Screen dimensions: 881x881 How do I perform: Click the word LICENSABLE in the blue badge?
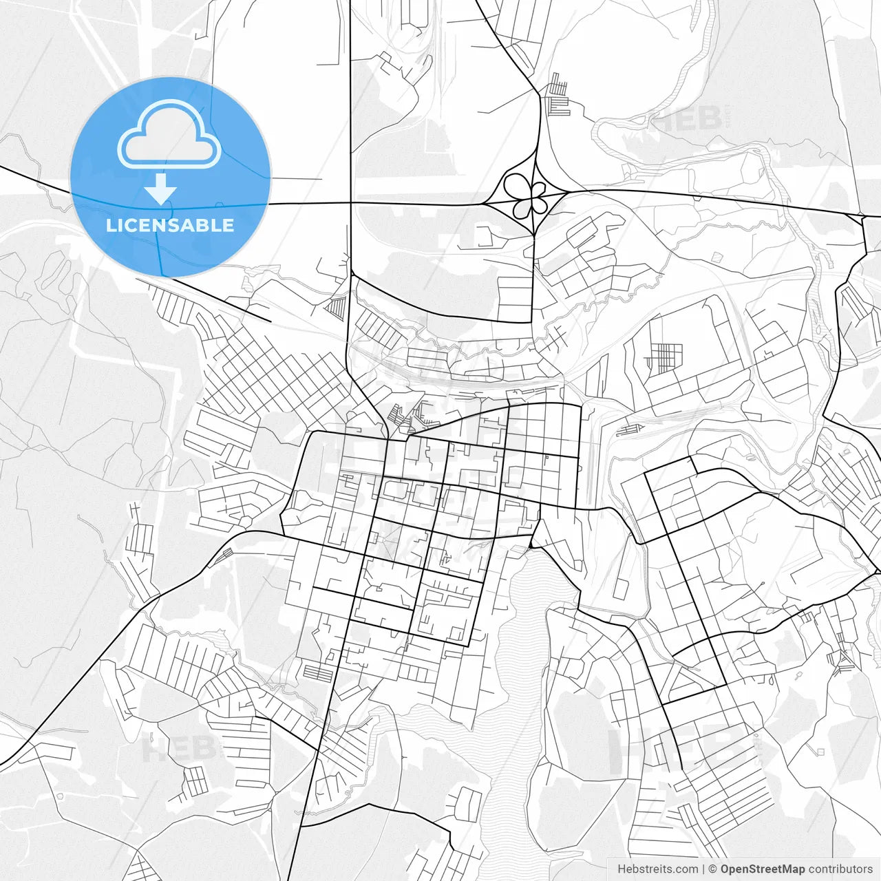pos(169,225)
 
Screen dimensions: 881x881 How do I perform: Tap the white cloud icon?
pos(169,134)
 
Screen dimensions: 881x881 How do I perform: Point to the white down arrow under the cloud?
pos(161,189)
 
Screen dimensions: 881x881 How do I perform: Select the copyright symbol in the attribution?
pos(713,869)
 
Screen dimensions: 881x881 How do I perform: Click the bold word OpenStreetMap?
pos(763,869)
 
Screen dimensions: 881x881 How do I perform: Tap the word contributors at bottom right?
pos(840,869)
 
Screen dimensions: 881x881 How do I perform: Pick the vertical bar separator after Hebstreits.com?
pos(703,869)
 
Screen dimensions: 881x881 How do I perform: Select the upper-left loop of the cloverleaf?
pos(516,184)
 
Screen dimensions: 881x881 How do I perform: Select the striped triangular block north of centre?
pos(338,307)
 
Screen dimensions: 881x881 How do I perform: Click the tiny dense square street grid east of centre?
pos(665,357)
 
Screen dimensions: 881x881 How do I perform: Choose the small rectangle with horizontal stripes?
pos(318,672)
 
